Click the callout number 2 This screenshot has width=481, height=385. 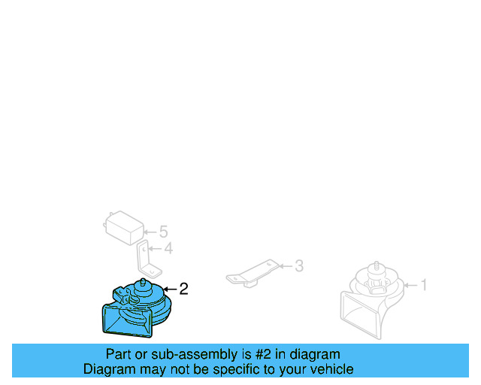(183, 289)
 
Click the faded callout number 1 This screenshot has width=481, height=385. (424, 285)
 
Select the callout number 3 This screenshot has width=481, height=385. (299, 266)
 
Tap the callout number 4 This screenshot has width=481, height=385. (168, 248)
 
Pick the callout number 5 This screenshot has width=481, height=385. (164, 232)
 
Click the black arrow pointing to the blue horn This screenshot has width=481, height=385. (170, 290)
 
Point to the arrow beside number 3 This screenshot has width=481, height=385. (286, 266)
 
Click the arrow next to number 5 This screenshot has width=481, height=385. (150, 232)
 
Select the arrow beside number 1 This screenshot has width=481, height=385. (411, 286)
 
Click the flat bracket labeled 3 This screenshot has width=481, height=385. (253, 273)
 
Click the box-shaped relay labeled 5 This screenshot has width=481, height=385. (124, 228)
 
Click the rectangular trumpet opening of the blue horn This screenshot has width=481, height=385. (126, 321)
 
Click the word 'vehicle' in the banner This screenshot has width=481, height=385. (335, 369)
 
